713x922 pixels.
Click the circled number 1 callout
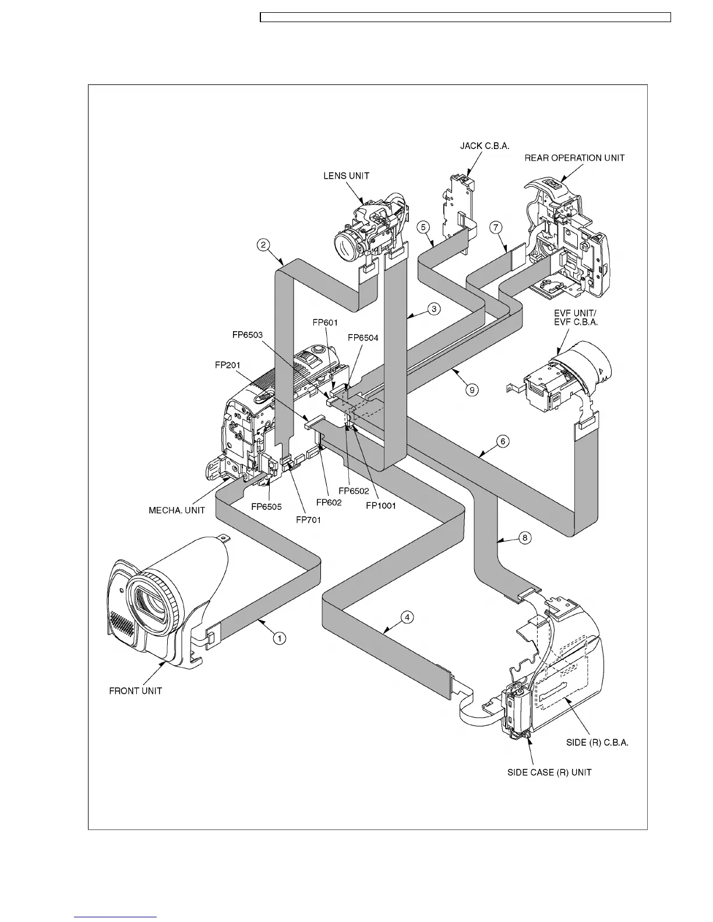click(x=280, y=639)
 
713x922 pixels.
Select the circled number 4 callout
click(x=408, y=616)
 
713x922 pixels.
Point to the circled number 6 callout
click(x=503, y=441)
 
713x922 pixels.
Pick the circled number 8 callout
click(x=524, y=538)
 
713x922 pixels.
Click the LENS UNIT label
click(x=346, y=176)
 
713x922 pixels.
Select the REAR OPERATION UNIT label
click(x=574, y=158)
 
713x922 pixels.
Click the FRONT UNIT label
click(x=136, y=691)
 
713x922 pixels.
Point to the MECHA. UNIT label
click(x=177, y=510)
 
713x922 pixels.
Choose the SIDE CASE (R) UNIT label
click(x=549, y=772)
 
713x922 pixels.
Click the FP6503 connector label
click(x=247, y=335)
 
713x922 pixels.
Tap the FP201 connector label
click(x=227, y=366)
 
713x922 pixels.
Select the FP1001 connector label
click(x=381, y=505)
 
